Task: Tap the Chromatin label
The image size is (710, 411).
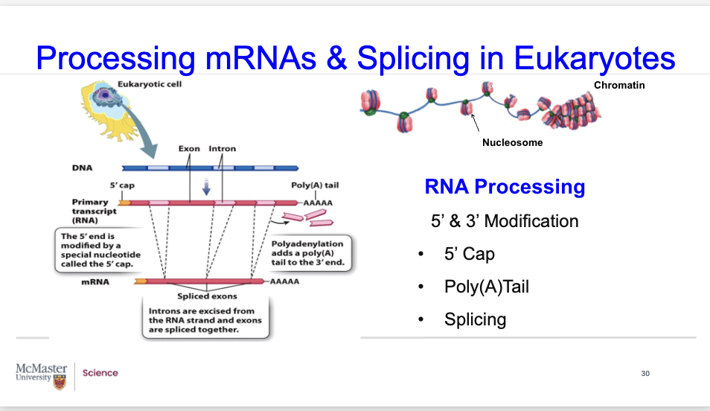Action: tap(618, 86)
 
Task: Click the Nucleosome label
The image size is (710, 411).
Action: tap(512, 142)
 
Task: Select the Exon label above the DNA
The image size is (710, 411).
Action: tap(189, 149)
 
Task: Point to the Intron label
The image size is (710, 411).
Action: tap(222, 149)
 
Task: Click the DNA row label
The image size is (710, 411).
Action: tap(82, 168)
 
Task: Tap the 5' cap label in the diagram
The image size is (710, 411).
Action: tap(121, 185)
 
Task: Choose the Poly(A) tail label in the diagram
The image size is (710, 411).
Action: tap(315, 185)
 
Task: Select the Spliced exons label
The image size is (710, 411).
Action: tap(207, 296)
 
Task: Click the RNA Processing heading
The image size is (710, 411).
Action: tap(505, 187)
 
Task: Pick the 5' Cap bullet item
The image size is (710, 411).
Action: tap(469, 254)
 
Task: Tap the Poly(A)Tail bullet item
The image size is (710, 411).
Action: tap(486, 287)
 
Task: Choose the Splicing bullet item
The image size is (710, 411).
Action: tap(475, 319)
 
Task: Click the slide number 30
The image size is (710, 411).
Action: tap(645, 373)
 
